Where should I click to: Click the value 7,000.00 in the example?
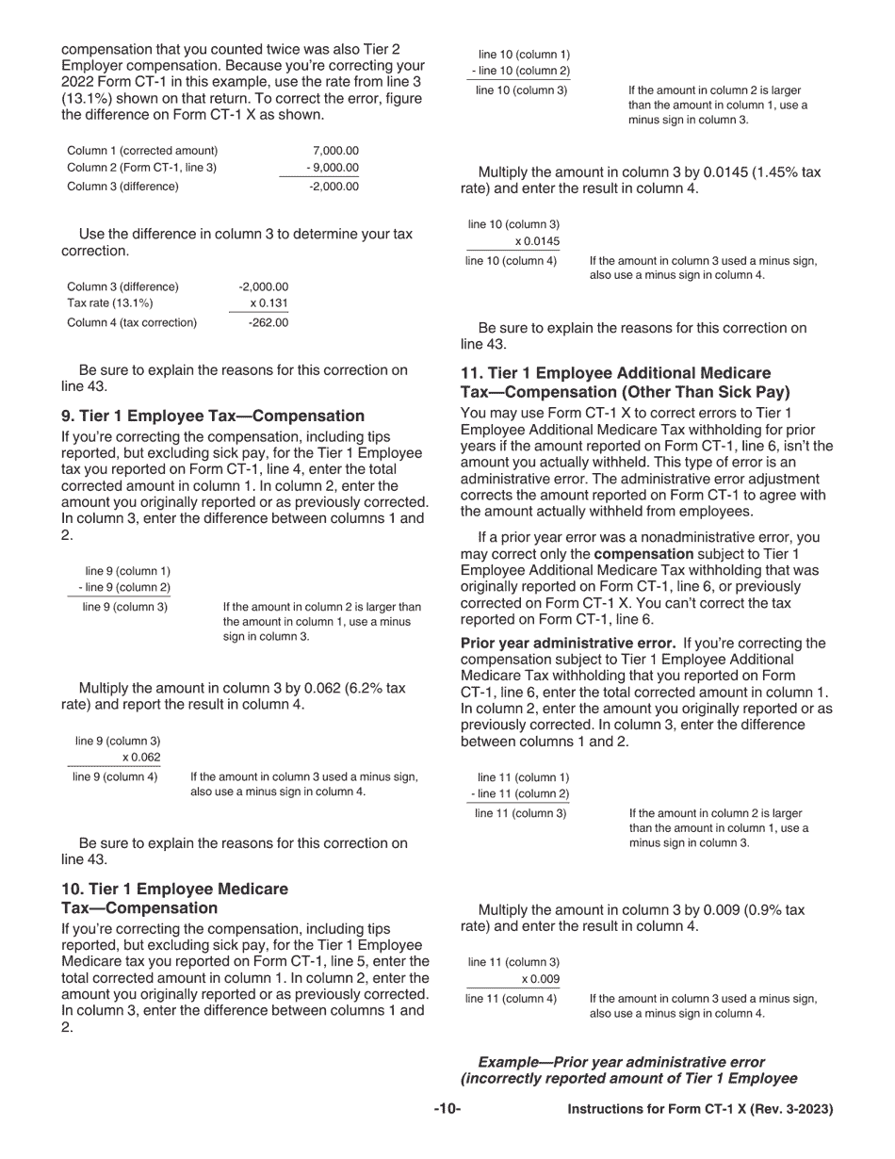[x=335, y=151]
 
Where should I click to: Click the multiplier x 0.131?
[x=269, y=303]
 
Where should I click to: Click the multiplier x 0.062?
[x=141, y=758]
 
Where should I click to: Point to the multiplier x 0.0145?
[x=537, y=241]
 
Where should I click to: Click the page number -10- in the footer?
[x=447, y=1109]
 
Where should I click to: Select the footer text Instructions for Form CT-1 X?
[x=700, y=1109]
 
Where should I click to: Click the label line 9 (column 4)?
[x=115, y=777]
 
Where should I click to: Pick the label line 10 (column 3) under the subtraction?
[x=521, y=90]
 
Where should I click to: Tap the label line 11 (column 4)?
[x=511, y=998]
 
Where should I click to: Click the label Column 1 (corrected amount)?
[x=142, y=151]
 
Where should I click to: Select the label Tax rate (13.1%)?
[x=110, y=303]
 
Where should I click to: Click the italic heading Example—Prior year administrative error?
[x=622, y=1062]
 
